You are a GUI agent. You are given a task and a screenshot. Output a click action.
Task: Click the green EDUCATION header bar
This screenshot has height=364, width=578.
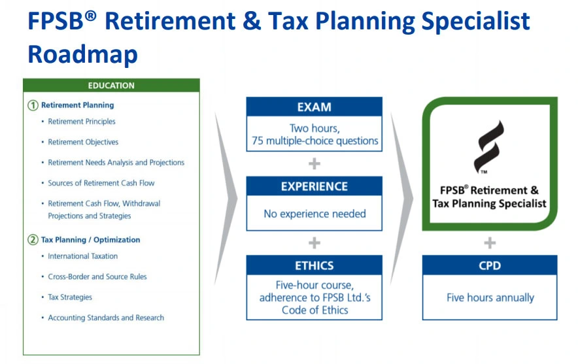click(x=111, y=85)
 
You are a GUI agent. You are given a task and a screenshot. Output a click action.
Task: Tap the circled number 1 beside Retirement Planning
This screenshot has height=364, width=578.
click(x=33, y=105)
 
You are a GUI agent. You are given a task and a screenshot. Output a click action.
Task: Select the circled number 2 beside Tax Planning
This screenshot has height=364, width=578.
click(x=33, y=240)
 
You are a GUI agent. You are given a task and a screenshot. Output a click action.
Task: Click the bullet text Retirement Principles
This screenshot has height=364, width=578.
click(x=82, y=122)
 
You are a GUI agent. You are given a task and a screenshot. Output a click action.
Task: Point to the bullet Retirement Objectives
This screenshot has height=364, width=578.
click(x=83, y=142)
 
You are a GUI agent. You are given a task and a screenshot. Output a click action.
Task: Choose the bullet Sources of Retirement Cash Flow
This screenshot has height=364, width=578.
click(x=101, y=183)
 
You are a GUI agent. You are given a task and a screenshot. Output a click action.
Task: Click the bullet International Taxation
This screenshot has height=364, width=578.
click(x=82, y=256)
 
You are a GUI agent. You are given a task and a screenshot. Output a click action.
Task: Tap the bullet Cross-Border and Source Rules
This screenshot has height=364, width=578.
click(x=97, y=276)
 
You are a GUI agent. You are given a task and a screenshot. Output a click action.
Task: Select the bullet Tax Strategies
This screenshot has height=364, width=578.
click(x=70, y=297)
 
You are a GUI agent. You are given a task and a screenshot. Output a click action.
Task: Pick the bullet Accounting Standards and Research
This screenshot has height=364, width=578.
click(x=106, y=318)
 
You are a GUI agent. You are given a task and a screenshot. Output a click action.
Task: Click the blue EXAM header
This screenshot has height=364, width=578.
click(x=314, y=107)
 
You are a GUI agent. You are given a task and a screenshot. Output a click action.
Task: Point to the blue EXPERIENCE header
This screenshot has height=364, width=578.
click(x=314, y=186)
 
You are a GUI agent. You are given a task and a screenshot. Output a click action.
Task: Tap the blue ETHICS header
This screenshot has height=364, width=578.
click(x=314, y=265)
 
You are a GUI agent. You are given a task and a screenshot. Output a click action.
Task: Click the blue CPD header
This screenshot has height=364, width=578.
click(x=490, y=265)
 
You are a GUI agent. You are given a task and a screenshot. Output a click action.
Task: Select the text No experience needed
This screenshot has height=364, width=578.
click(x=314, y=214)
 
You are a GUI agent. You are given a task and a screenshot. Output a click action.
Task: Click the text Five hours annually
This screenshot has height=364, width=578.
click(x=490, y=297)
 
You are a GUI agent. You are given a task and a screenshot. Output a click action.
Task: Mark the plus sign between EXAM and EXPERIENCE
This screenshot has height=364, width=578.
click(x=314, y=163)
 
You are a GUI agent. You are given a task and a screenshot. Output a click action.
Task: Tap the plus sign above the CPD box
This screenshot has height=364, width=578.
click(x=490, y=243)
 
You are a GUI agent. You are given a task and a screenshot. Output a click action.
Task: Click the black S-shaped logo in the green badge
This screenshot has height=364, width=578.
click(x=489, y=147)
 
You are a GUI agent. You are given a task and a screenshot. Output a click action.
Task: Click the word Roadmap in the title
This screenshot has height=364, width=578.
click(x=82, y=54)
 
